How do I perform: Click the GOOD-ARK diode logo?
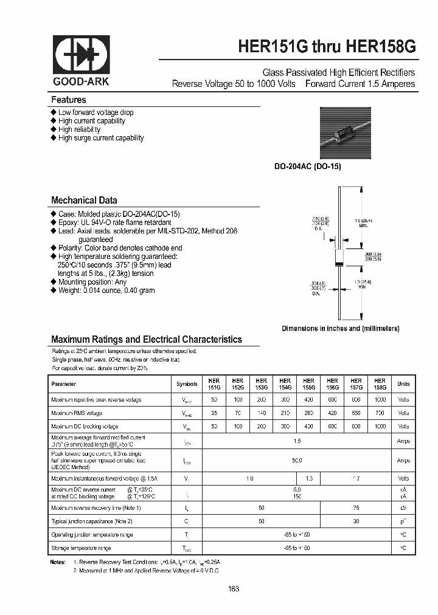(x=81, y=55)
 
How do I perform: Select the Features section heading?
(x=68, y=100)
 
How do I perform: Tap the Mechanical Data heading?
(x=84, y=200)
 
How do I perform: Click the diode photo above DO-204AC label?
(x=345, y=134)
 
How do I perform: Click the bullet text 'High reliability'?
(x=79, y=129)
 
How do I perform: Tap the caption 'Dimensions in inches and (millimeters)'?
(x=340, y=328)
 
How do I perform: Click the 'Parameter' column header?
(x=64, y=384)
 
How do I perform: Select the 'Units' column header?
(x=403, y=384)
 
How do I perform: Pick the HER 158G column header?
(x=380, y=384)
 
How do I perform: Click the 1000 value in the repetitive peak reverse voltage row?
(x=380, y=399)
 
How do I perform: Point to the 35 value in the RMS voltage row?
(x=214, y=413)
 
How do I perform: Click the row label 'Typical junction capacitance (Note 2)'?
(x=92, y=521)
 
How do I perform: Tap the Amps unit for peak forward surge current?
(x=403, y=461)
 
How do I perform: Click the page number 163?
(x=234, y=589)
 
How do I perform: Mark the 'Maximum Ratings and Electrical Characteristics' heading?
(x=147, y=340)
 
